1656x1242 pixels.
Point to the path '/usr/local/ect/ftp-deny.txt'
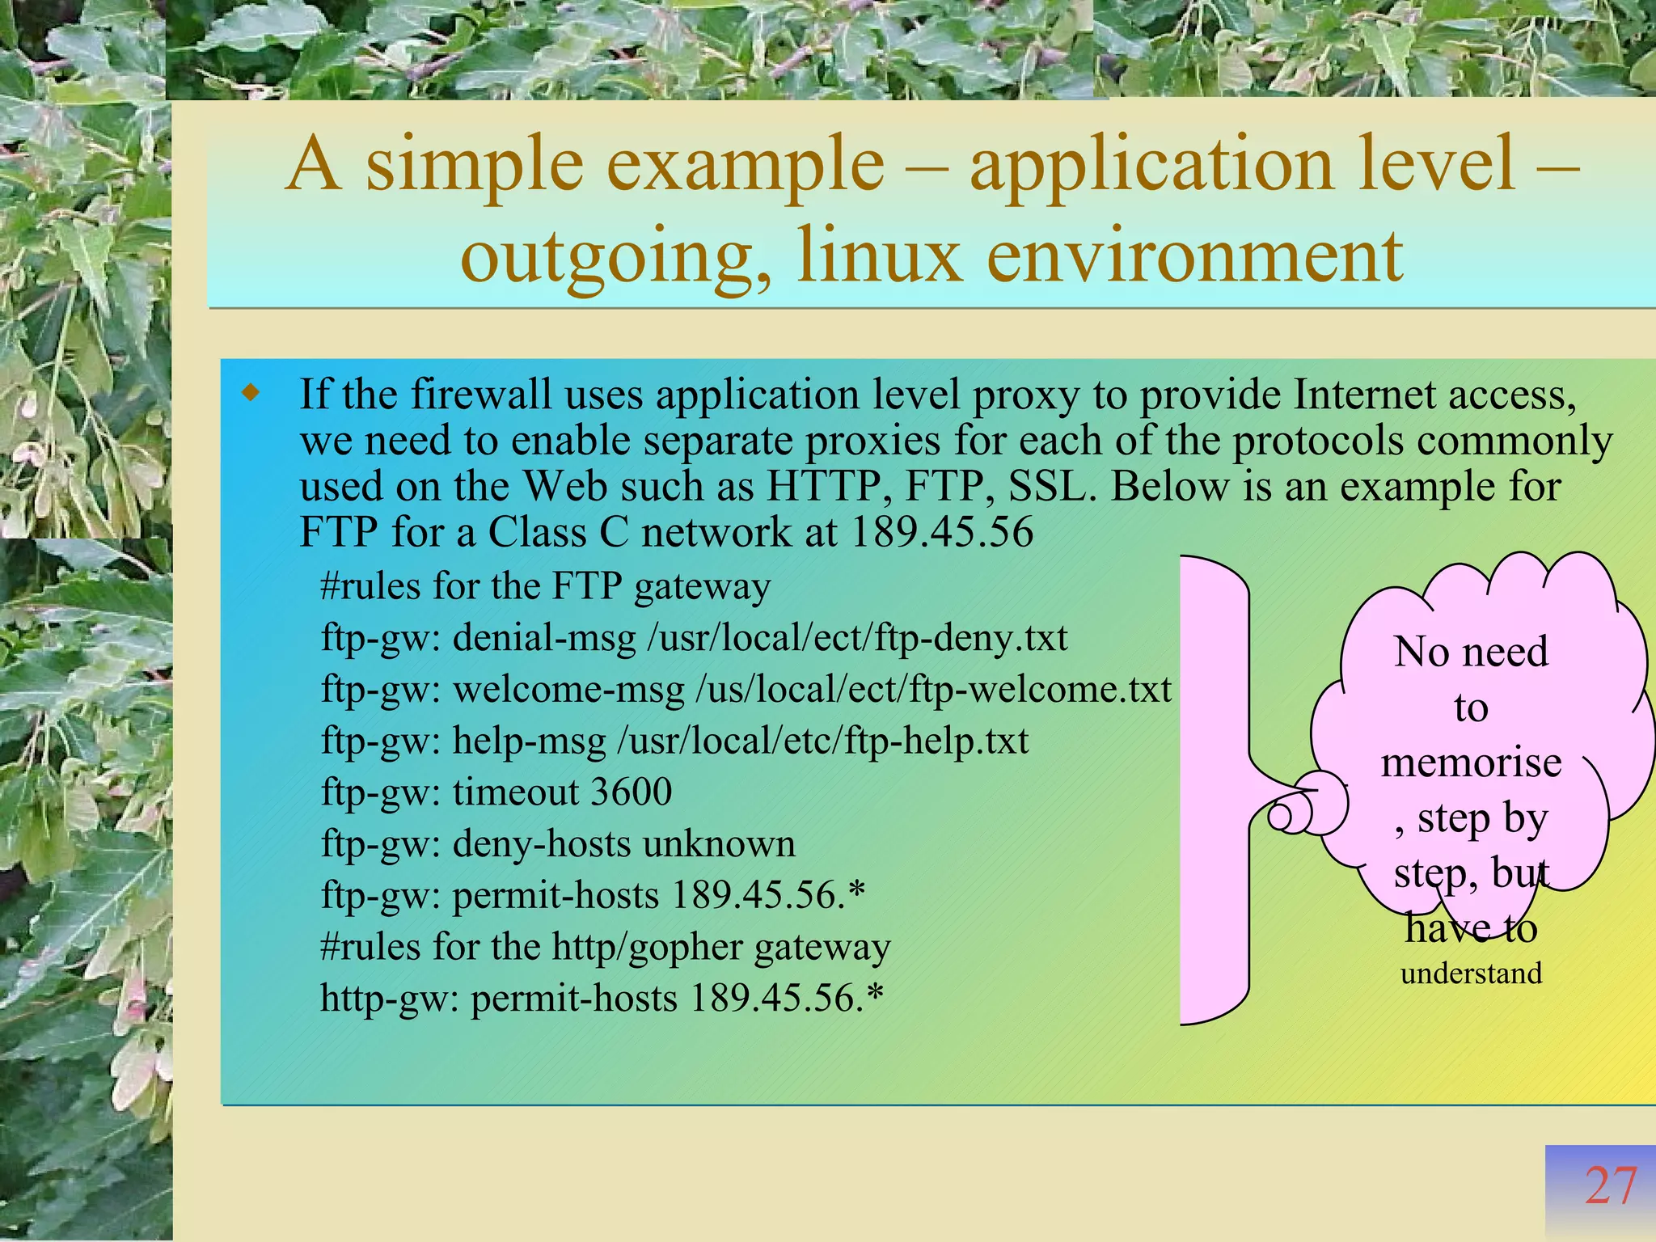(857, 638)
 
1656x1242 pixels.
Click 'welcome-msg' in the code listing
(568, 690)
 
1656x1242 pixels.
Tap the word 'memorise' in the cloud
(1471, 763)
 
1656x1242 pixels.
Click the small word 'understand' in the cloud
(1471, 973)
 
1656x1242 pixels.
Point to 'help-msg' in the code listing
(529, 741)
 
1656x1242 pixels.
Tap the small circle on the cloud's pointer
(1280, 816)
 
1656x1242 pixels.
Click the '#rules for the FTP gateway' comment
(545, 586)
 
